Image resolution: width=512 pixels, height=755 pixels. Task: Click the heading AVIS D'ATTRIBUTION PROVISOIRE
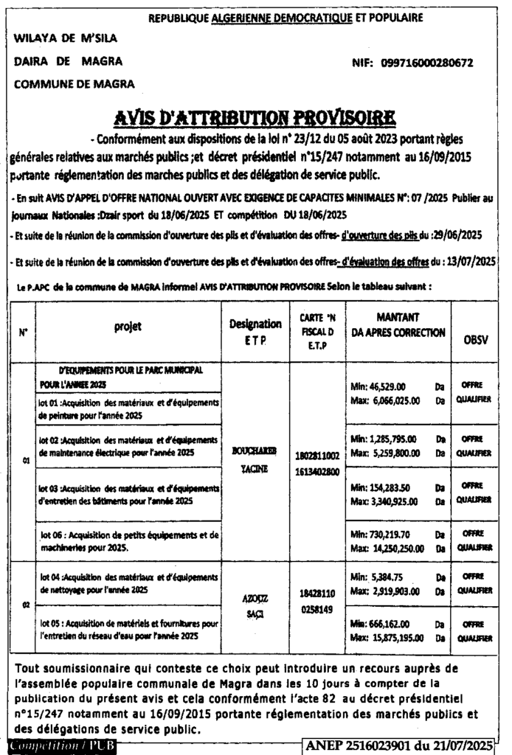(x=255, y=118)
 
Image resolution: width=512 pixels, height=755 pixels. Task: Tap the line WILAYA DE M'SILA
(x=66, y=38)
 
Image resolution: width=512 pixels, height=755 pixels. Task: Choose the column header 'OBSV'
(x=475, y=340)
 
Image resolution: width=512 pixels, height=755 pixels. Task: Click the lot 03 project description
(x=127, y=494)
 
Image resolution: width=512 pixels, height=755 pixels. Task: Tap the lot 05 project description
(x=127, y=629)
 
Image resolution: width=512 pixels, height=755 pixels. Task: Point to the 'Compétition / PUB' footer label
(x=52, y=746)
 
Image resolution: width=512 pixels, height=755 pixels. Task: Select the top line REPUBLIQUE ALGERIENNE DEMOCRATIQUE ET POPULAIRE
(x=286, y=16)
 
